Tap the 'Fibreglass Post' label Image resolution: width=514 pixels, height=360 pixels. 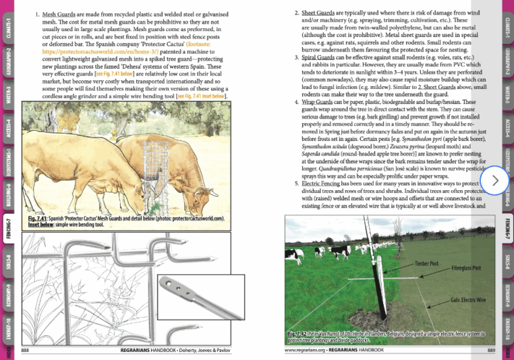(466, 268)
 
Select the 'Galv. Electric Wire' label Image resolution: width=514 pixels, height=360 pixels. (463, 299)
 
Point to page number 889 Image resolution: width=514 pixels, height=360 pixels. (491, 351)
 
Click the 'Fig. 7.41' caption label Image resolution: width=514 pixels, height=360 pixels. (39, 219)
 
